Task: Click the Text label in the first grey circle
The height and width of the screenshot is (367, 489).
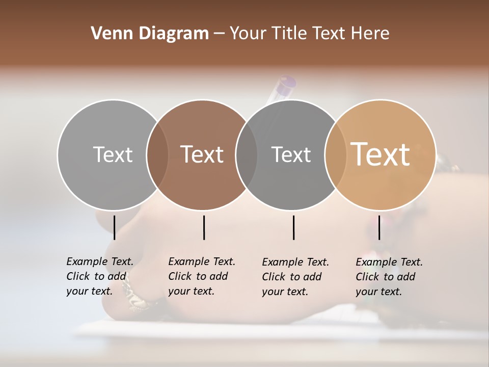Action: point(113,154)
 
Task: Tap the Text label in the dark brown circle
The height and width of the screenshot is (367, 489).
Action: point(202,154)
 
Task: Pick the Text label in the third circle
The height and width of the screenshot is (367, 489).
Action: point(291,154)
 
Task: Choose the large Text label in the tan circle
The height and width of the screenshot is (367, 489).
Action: point(381,154)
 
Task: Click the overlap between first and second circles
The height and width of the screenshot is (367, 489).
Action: point(157,154)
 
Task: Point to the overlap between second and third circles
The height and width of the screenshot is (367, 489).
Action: point(247,154)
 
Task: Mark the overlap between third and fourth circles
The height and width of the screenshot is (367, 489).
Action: point(335,154)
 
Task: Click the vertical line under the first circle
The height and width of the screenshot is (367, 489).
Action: point(114,227)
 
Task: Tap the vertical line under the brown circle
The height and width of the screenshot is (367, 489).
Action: point(204,227)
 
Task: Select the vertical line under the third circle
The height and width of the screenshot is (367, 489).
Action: point(293,227)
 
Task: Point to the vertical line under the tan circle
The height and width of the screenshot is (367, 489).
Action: point(379,227)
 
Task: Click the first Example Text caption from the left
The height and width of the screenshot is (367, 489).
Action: point(99,276)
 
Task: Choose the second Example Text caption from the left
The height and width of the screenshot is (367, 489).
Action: point(201,276)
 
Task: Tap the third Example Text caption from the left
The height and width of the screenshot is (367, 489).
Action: point(295,277)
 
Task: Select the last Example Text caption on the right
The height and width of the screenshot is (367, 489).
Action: point(389,277)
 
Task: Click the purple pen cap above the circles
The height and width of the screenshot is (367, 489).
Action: point(286,83)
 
